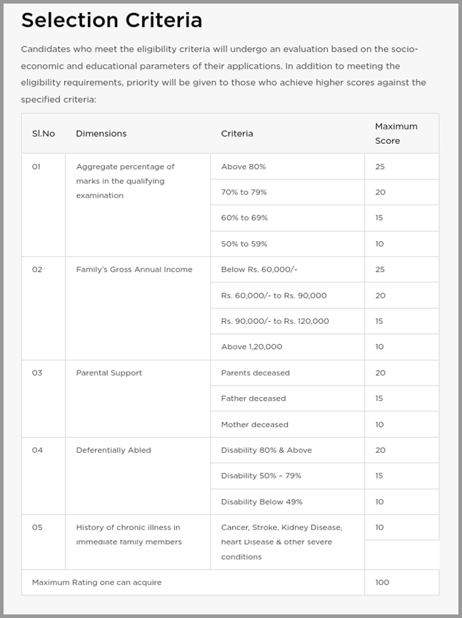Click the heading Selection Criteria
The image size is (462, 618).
pos(112,21)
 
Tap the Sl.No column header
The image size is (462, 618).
pos(44,134)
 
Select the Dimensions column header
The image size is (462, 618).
pos(101,134)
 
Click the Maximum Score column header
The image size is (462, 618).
pos(396,134)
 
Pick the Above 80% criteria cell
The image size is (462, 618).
pos(243,167)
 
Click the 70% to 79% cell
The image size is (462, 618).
pos(244,192)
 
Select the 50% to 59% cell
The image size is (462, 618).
pos(244,244)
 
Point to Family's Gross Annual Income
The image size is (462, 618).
pos(134,270)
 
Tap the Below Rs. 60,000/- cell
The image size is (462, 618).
pos(259,270)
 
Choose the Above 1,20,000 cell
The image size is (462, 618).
pos(251,347)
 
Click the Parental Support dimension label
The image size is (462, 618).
pos(109,373)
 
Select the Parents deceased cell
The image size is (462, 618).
pos(256,373)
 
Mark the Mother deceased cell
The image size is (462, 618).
pos(255,424)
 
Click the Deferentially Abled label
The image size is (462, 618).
pos(114,450)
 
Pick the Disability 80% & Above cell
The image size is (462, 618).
pos(266,450)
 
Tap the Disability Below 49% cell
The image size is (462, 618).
pos(262,501)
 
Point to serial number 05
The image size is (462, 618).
pos(37,527)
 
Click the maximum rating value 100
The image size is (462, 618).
pos(382,582)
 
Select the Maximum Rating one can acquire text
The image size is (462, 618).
pos(97,582)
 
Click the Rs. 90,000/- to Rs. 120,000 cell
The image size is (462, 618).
pos(275,321)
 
